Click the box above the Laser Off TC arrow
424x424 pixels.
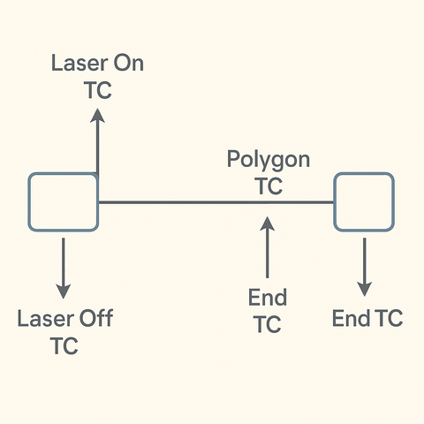tap(62, 202)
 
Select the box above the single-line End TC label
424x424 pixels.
tap(363, 202)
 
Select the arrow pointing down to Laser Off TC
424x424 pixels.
tap(63, 265)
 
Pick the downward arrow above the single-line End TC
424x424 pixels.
tap(364, 265)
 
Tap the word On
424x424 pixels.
tap(125, 64)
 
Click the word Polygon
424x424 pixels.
tap(269, 160)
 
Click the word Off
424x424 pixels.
tap(95, 319)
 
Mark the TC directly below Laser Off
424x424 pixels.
tap(64, 345)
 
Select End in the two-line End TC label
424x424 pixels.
tap(268, 298)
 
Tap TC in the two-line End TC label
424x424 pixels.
tap(268, 324)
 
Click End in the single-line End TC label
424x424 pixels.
tap(351, 319)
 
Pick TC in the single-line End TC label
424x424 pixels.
tap(388, 319)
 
